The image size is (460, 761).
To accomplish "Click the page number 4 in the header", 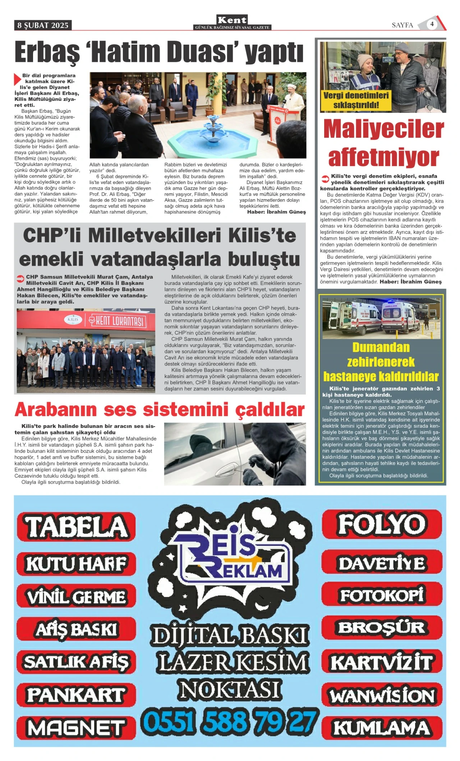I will coord(432,24).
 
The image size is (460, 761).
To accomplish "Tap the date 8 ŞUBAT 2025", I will coord(43,25).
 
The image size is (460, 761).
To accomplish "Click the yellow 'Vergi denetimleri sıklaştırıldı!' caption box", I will coord(356,100).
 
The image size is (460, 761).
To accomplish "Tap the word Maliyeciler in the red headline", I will coord(383,129).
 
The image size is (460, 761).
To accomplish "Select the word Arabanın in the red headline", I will coord(56,409).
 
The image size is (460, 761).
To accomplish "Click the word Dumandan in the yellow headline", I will coord(381,347).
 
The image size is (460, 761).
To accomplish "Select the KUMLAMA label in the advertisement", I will coord(382,728).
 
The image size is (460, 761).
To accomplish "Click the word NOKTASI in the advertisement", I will coord(230,689).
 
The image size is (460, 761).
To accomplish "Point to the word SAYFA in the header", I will coord(402,25).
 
